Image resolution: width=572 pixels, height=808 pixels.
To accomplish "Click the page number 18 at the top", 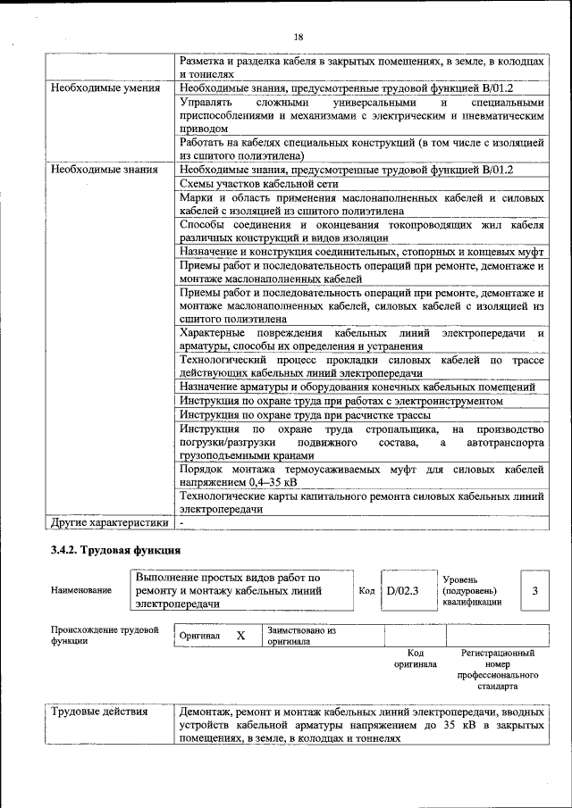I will click(x=298, y=36).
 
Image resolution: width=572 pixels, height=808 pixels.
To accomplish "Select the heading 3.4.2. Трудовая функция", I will click(x=116, y=550).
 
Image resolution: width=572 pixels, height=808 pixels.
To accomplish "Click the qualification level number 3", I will click(x=534, y=590).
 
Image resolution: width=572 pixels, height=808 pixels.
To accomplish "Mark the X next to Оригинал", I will click(x=240, y=636).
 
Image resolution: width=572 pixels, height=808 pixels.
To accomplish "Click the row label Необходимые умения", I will click(x=105, y=88).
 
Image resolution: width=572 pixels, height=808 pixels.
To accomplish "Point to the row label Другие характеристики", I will click(x=109, y=522).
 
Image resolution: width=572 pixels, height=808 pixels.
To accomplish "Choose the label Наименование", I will click(x=81, y=590).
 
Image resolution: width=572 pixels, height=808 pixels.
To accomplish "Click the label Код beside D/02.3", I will click(x=366, y=590).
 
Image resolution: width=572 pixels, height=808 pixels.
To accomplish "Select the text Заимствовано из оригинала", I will click(x=300, y=636).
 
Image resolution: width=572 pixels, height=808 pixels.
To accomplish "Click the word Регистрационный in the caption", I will click(x=497, y=654).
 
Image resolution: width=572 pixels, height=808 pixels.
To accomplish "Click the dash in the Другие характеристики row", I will click(x=181, y=522).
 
